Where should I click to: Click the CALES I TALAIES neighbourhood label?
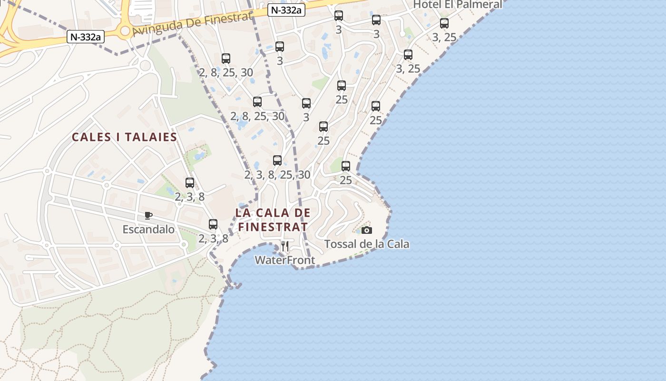tap(124, 137)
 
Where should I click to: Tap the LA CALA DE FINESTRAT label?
tap(273, 220)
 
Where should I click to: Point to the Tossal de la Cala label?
tap(366, 244)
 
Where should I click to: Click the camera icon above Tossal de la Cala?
tap(366, 231)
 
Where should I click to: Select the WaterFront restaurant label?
tap(284, 260)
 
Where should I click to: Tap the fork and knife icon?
tap(285, 246)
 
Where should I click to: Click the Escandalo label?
tap(148, 230)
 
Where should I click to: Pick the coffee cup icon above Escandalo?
tap(148, 215)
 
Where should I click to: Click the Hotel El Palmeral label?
tap(457, 5)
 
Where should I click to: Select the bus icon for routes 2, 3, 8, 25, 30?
tap(277, 160)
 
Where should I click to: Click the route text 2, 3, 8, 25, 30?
tap(277, 175)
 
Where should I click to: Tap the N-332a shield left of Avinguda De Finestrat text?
tap(85, 37)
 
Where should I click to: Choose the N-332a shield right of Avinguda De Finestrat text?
tap(286, 10)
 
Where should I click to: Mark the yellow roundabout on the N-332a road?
tap(125, 31)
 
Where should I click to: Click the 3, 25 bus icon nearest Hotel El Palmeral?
tap(444, 23)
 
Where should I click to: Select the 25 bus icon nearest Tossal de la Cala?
tap(346, 166)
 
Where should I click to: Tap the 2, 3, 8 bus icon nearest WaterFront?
tap(213, 224)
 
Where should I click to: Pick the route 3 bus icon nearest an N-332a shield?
tap(338, 16)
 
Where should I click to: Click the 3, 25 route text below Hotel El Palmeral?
tap(444, 37)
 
